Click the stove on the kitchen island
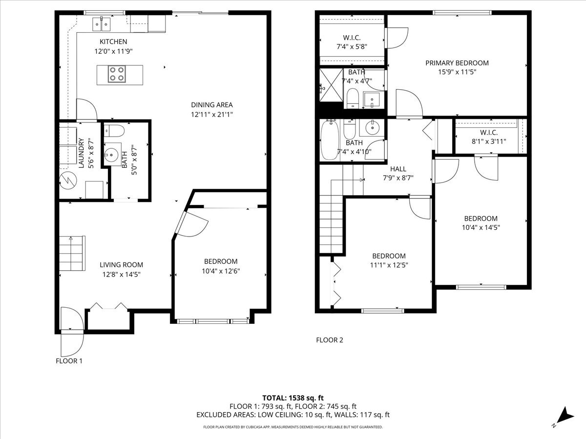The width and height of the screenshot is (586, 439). tap(117, 74)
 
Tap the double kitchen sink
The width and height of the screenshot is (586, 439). tap(102, 24)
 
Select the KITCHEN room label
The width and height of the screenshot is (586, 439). tap(113, 41)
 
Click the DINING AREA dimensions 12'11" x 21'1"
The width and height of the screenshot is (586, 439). tap(212, 115)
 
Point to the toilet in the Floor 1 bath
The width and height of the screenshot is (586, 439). tap(114, 131)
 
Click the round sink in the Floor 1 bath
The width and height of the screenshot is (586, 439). tap(110, 155)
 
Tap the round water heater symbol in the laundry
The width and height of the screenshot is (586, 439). tap(68, 180)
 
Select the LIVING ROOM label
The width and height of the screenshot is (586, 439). tap(122, 265)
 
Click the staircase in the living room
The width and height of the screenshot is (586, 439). tap(72, 253)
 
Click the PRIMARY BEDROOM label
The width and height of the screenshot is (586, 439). tap(457, 63)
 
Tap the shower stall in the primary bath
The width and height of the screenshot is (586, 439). tap(331, 85)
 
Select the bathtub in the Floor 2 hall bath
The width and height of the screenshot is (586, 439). tap(330, 140)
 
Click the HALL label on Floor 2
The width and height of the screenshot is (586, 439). tap(398, 169)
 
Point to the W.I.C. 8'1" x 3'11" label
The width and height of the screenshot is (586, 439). tap(489, 137)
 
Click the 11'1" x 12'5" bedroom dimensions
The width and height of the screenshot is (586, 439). tap(389, 265)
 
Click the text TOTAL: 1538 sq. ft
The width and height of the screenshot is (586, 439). tap(293, 398)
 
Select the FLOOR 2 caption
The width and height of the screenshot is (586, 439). tap(330, 340)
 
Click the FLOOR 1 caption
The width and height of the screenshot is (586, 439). tap(69, 361)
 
